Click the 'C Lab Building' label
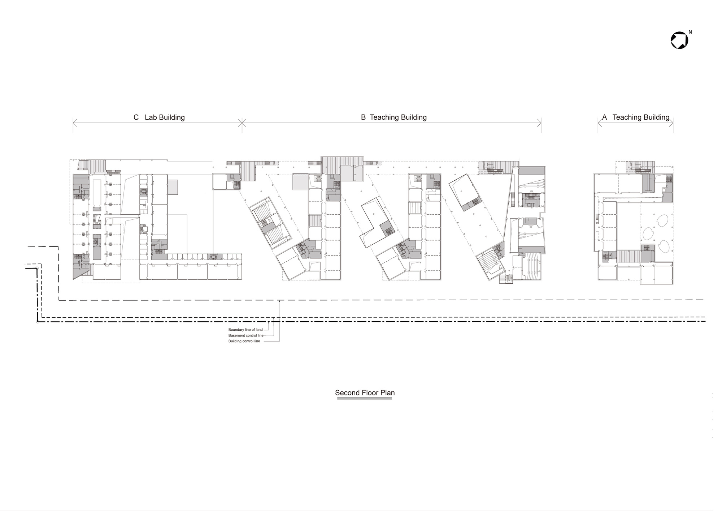(x=159, y=117)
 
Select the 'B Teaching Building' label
(x=394, y=117)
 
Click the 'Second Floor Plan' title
(x=365, y=393)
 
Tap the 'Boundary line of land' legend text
(x=245, y=330)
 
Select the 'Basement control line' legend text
(x=246, y=336)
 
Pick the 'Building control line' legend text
(x=244, y=341)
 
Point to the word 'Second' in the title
(x=347, y=393)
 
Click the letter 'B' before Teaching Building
(x=363, y=117)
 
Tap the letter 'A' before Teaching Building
(x=604, y=117)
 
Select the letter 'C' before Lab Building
(x=136, y=117)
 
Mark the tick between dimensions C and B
(x=242, y=123)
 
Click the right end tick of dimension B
(x=541, y=123)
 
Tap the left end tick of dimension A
(x=598, y=123)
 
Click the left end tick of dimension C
(x=73, y=123)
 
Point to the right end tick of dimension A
(x=673, y=123)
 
